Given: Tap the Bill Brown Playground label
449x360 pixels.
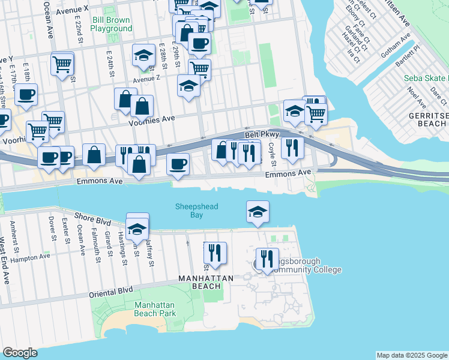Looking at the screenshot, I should (112, 24).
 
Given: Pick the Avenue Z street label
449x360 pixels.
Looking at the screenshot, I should (146, 79).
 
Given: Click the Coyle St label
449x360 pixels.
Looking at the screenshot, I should (272, 151).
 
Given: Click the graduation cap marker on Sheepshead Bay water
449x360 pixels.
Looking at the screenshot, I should (258, 212).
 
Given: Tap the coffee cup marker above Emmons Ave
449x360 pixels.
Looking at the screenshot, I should (177, 164).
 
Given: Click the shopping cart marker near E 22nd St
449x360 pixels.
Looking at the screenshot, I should (62, 63).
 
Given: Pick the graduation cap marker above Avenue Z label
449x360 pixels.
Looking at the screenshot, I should (143, 56).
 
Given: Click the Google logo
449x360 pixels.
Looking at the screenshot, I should (20, 353).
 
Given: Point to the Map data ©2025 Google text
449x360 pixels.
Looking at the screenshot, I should (412, 355).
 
